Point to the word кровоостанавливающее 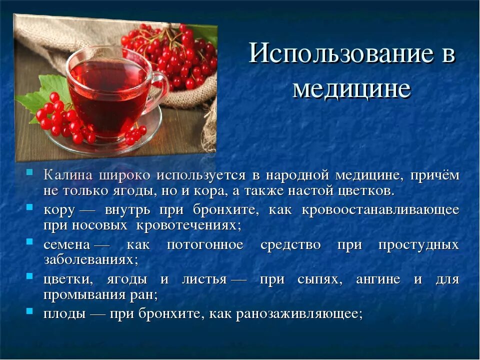(380, 209)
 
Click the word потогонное (205, 245)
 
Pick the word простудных (418, 245)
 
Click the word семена (66, 245)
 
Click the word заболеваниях (88, 260)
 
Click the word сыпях (313, 279)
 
